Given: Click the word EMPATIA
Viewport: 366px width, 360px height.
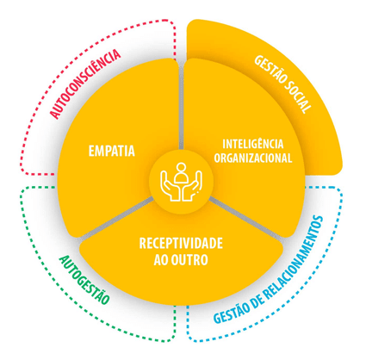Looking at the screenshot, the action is [112, 151].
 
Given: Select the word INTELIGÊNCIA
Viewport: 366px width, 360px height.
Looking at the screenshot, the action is [253, 143].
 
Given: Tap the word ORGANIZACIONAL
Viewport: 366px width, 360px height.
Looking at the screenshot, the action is [253, 158].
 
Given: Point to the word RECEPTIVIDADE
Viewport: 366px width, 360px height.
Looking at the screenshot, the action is [181, 244].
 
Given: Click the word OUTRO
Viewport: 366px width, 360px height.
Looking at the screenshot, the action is [190, 260].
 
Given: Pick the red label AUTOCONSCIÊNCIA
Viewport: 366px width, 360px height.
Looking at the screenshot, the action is [85, 84].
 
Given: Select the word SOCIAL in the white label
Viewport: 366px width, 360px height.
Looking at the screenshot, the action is [298, 97].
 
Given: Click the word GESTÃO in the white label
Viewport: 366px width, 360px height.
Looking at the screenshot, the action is [270, 68].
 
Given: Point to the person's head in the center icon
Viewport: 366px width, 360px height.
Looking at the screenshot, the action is [181, 167].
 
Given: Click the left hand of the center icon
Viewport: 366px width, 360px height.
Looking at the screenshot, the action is [170, 186].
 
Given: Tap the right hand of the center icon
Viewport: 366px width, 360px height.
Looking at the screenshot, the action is [192, 186].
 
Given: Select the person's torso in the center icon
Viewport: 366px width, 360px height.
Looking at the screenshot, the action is [182, 178].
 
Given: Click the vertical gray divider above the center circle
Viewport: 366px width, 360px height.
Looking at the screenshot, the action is [181, 105].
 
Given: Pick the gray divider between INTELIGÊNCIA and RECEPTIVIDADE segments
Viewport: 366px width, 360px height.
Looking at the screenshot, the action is [246, 218].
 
